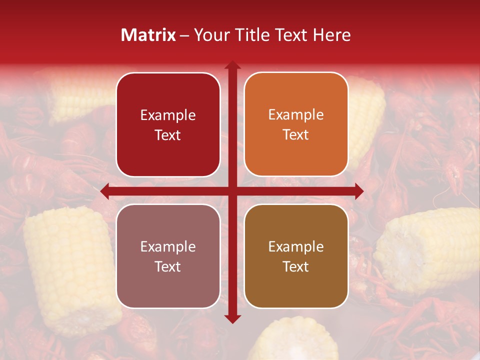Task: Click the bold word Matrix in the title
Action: click(x=148, y=35)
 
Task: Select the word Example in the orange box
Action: click(x=296, y=114)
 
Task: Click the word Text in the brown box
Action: click(x=296, y=266)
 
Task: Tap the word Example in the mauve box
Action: click(x=168, y=246)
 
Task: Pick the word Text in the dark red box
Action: click(x=168, y=135)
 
